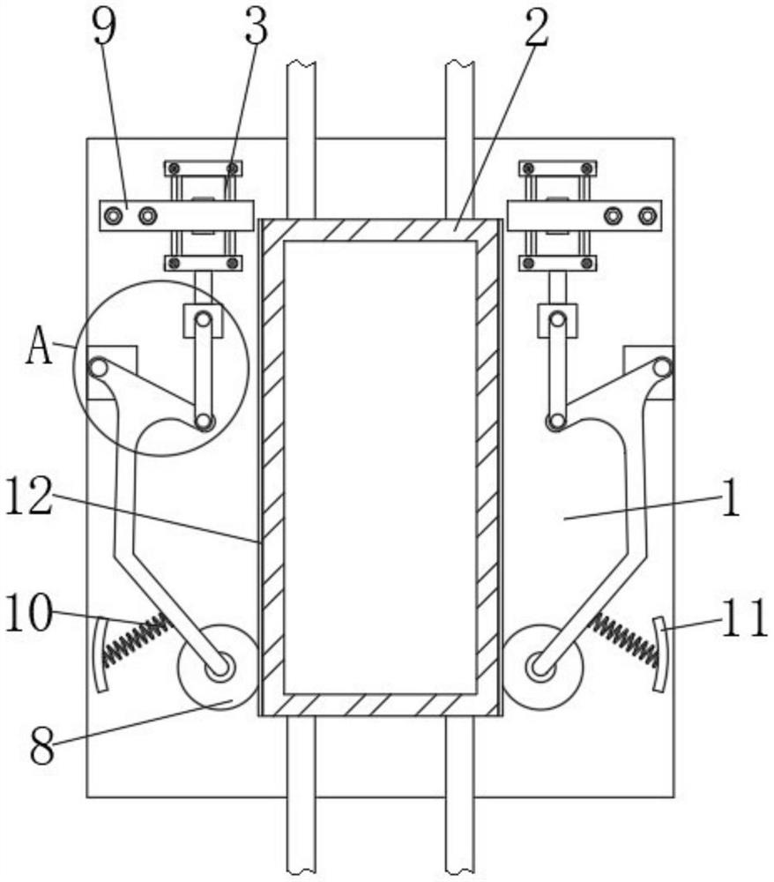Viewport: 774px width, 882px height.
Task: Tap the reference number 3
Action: click(256, 28)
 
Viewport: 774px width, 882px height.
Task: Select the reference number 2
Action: click(535, 28)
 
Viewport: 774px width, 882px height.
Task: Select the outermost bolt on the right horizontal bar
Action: click(649, 214)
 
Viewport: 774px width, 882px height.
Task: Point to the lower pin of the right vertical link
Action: click(557, 422)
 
